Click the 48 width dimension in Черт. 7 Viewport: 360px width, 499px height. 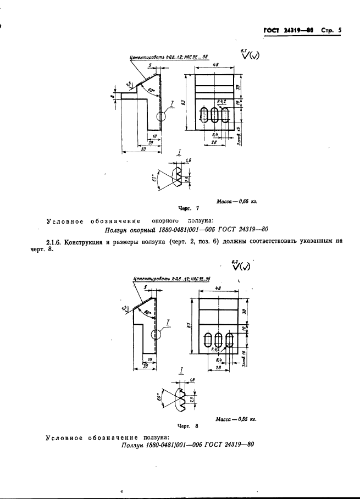coord(215,65)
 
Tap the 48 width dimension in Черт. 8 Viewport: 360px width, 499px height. coord(218,288)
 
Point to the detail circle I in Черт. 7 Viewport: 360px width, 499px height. coord(160,117)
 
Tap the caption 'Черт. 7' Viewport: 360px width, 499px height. coord(188,209)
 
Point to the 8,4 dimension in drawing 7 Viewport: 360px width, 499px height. coord(216,134)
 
